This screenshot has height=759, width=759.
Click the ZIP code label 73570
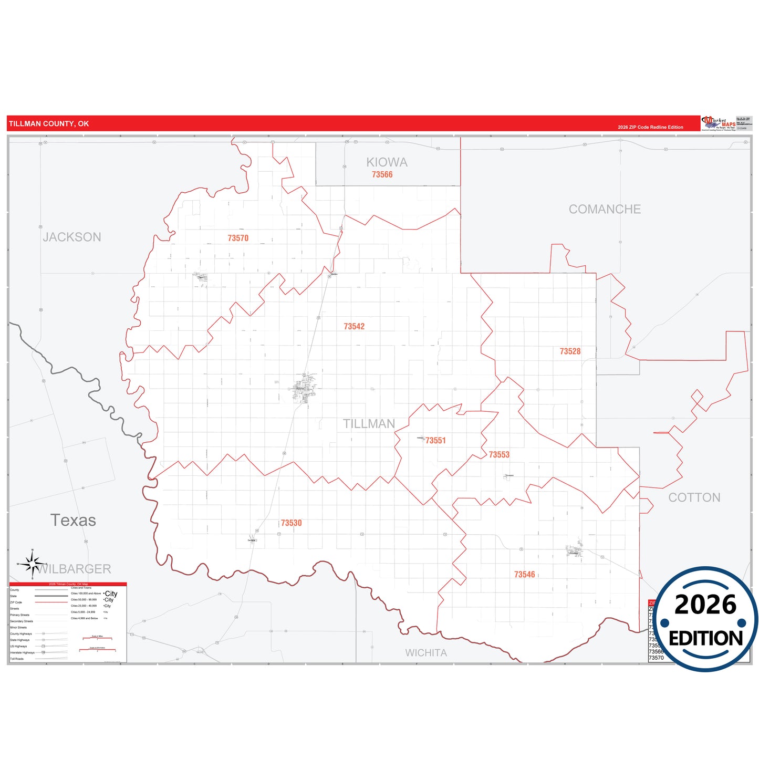pos(238,238)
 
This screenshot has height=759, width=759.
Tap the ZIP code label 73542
pos(354,327)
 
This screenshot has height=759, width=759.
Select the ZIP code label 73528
pos(570,351)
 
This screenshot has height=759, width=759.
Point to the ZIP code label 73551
pos(435,441)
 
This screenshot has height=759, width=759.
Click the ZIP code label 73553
pos(499,455)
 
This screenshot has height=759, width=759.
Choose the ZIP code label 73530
pos(291,523)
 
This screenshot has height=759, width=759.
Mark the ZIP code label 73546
pos(524,575)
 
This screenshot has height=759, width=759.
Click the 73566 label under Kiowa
pos(382,175)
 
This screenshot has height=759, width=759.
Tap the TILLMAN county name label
pos(369,424)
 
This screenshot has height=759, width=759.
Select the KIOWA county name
pos(387,162)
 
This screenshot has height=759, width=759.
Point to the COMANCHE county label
pos(605,209)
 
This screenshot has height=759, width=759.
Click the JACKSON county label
pos(72,237)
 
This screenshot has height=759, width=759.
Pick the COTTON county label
pos(694,497)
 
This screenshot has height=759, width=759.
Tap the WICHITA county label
pos(426,653)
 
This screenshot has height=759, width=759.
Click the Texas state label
pos(73,520)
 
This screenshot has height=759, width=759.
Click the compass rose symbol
pos(33,564)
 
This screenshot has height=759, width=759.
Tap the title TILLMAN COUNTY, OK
pos(49,124)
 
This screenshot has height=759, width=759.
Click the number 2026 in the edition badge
pos(705,605)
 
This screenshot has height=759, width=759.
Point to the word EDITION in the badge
pos(705,638)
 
